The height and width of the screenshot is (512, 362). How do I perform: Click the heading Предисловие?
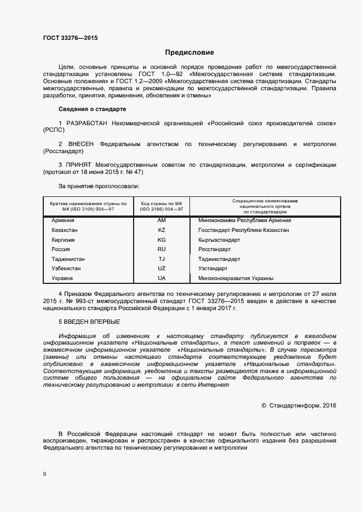click(189, 53)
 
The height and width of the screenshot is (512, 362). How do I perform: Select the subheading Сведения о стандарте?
click(92, 109)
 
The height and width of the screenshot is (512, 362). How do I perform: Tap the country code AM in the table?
click(162, 220)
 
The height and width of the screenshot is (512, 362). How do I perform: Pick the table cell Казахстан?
click(64, 230)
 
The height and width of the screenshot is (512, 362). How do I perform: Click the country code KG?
click(162, 240)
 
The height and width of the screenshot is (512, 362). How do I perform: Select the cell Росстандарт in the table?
click(215, 249)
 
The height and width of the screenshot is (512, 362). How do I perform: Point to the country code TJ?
click(162, 259)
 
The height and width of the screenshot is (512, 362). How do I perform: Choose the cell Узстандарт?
click(212, 269)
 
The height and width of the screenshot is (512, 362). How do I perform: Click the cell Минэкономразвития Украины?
click(232, 278)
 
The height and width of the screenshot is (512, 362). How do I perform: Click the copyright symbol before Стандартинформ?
click(264, 405)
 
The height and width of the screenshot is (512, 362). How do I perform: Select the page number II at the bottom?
click(44, 475)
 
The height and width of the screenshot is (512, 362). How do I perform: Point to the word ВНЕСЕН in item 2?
click(79, 144)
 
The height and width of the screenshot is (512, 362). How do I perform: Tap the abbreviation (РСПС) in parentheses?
click(54, 132)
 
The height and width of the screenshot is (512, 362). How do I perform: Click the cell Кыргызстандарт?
click(219, 240)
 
